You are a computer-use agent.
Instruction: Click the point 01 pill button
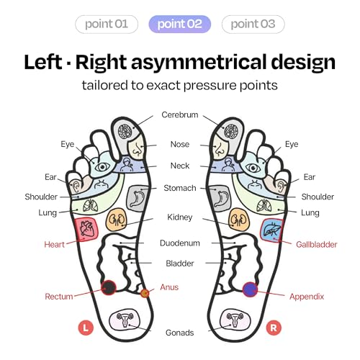click(107, 24)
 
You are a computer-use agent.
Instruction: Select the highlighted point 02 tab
click(180, 24)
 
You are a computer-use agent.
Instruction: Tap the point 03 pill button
click(253, 24)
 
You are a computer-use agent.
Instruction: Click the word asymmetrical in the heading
click(199, 62)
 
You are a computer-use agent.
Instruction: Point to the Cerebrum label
click(180, 114)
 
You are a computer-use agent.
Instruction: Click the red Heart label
click(55, 245)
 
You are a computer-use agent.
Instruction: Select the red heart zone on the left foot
click(86, 229)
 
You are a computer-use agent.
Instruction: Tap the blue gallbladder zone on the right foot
click(272, 230)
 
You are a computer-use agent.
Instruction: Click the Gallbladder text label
click(317, 245)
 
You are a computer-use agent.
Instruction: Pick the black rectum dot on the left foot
click(109, 287)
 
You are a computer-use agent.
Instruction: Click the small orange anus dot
click(145, 293)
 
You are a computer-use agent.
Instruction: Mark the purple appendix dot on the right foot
click(250, 289)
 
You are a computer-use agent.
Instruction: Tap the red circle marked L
click(86, 328)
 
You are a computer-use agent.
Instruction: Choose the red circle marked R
click(274, 328)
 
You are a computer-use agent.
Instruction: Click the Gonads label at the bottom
click(180, 333)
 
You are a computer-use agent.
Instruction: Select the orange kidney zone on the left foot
click(117, 220)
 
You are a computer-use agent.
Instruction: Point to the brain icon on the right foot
click(230, 132)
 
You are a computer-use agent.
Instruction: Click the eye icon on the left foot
click(102, 166)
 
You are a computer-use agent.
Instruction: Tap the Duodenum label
click(180, 243)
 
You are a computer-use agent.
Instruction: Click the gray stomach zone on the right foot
click(221, 198)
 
